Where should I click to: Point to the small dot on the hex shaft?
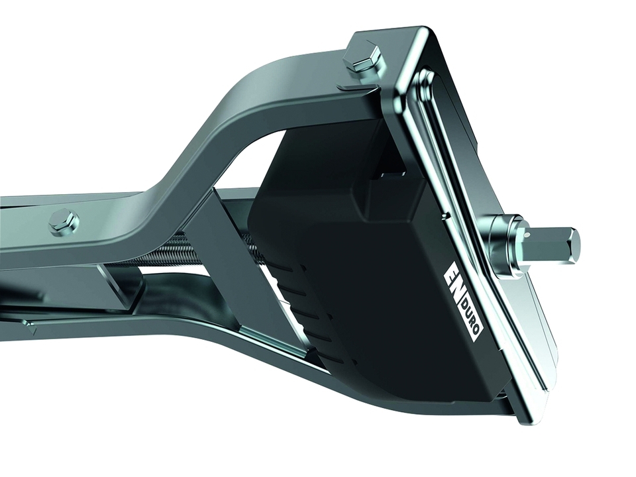point(526,234)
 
